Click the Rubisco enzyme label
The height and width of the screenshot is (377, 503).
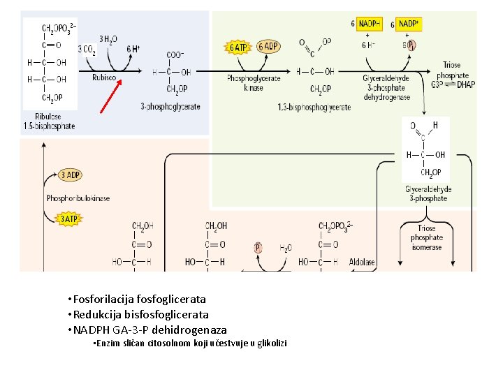[x=104, y=78]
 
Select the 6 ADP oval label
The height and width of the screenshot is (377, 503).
[x=268, y=47]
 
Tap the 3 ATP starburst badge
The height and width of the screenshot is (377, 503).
[x=68, y=219]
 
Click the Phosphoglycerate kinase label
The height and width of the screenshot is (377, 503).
[x=254, y=83]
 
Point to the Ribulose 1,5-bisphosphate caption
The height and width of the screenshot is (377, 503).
[x=48, y=121]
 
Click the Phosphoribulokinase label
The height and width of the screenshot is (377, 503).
[x=78, y=198]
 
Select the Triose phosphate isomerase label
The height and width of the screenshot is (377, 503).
[x=426, y=237]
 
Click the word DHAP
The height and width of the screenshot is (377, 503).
[x=465, y=84]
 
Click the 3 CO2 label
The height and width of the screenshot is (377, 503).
[x=87, y=50]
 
